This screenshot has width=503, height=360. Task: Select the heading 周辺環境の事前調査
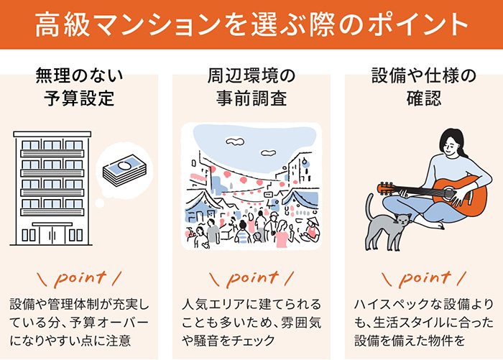pos(251,87)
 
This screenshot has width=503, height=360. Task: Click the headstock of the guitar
pos(387,189)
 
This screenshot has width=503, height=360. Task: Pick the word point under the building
pos(80,277)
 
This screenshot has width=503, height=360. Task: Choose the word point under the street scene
pos(251,277)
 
